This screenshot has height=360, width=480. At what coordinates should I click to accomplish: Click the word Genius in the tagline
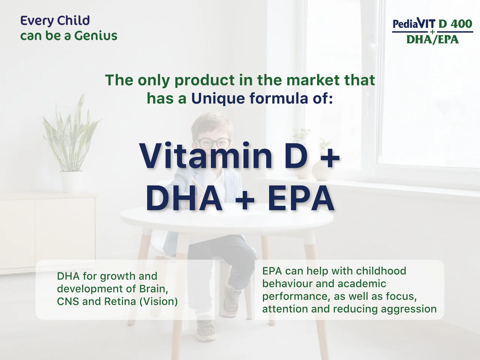pos(96,36)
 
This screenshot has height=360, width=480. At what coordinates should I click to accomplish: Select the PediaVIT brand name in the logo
pos(414,24)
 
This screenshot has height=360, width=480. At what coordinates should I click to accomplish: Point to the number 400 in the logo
pos(461,24)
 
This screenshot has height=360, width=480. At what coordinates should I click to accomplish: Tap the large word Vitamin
pos(205,156)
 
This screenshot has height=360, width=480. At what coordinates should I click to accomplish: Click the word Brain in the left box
pos(153,289)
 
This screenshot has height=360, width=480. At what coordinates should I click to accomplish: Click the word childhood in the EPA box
pos(381,271)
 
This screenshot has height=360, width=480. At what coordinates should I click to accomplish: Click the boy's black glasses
pos(213,143)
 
